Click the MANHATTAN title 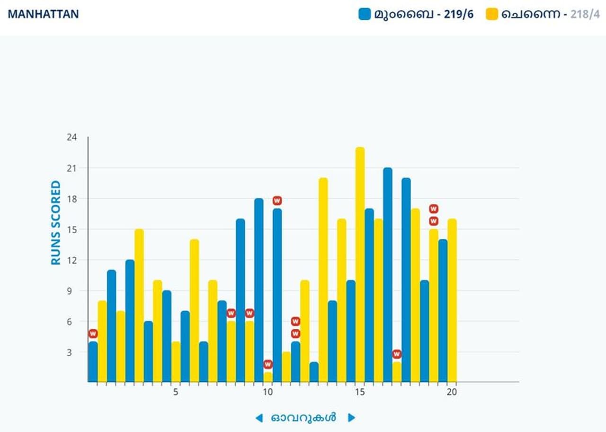pyautogui.click(x=43, y=14)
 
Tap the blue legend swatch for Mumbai pyautogui.click(x=364, y=14)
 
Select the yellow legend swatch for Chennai pyautogui.click(x=492, y=14)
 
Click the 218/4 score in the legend pyautogui.click(x=585, y=14)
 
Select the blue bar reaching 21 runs pyautogui.click(x=388, y=275)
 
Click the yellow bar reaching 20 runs pyautogui.click(x=323, y=279)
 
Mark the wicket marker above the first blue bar pyautogui.click(x=93, y=334)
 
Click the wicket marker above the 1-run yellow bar pyautogui.click(x=268, y=364)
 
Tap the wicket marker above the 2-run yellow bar pyautogui.click(x=397, y=354)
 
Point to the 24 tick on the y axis pyautogui.click(x=71, y=137)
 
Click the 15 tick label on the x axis pyautogui.click(x=360, y=392)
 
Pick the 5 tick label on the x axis pyautogui.click(x=176, y=392)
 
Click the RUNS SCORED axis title pyautogui.click(x=56, y=223)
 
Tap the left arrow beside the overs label pyautogui.click(x=258, y=418)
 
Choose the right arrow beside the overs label pyautogui.click(x=351, y=418)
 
